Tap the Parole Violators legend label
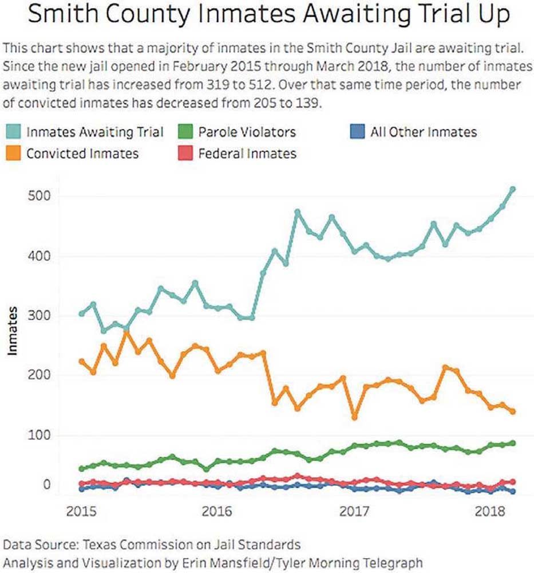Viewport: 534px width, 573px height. [x=247, y=132]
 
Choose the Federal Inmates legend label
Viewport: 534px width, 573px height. [x=247, y=154]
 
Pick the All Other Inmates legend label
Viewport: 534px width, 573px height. [x=423, y=132]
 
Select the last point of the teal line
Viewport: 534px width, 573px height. [x=513, y=189]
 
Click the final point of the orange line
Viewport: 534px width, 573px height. [x=513, y=411]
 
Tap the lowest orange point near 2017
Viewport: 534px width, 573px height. [x=355, y=417]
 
